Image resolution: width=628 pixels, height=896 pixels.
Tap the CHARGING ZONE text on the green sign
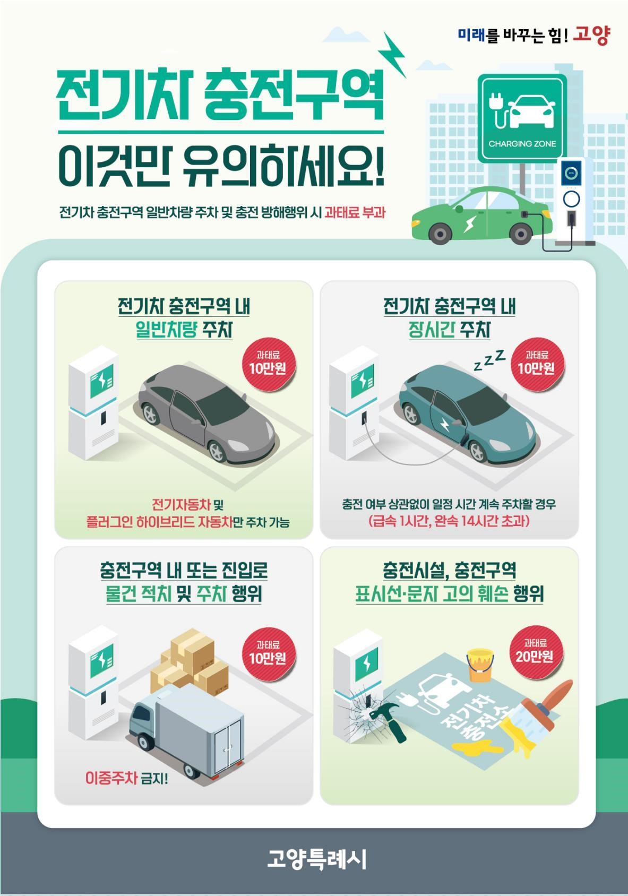pos(522,143)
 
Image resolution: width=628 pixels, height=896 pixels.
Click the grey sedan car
pos(207,411)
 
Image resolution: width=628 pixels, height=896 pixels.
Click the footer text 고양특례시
pos(316,859)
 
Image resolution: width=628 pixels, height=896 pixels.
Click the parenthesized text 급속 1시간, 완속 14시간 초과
pos(449,521)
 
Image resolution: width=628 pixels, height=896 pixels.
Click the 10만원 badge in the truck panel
pos(268,652)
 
